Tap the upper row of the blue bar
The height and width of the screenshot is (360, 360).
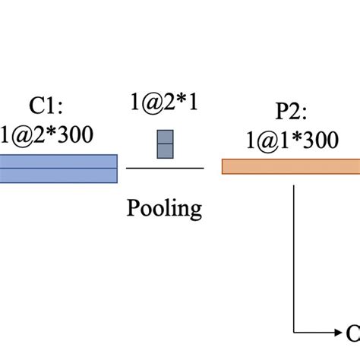click(x=57, y=160)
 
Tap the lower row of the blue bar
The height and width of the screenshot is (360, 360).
click(x=57, y=175)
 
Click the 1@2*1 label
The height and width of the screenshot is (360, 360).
click(x=165, y=103)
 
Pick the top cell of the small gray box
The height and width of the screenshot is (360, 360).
click(x=166, y=137)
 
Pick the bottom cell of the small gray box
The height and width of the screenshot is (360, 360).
click(x=166, y=151)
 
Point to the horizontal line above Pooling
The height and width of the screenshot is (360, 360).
click(x=165, y=167)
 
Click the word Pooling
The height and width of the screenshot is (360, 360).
click(x=165, y=208)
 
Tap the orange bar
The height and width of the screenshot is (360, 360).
click(x=289, y=166)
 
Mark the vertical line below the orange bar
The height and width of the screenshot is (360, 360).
click(x=294, y=251)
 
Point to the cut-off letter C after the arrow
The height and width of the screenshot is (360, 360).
click(x=353, y=332)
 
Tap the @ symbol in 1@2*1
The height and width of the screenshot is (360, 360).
click(x=154, y=103)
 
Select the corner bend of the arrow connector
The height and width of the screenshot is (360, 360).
click(x=294, y=331)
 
